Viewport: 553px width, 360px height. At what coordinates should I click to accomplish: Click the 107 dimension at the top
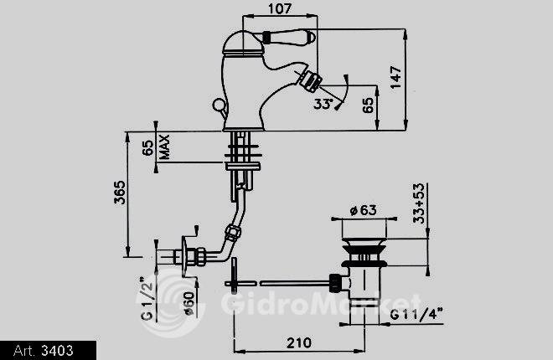coord(280,8)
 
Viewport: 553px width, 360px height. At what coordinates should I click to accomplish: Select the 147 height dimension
coord(396,77)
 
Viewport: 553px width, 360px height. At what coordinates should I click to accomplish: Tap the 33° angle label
coord(323,104)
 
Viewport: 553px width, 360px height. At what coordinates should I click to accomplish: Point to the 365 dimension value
coord(120,193)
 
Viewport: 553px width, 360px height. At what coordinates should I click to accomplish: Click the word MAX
coord(164,147)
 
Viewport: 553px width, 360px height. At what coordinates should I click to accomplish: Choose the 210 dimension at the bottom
coord(299,342)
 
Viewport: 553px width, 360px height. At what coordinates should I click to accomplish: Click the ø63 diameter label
coord(364,210)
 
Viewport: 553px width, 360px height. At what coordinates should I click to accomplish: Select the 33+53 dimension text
coord(419,203)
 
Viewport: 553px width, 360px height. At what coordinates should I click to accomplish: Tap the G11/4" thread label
coord(416,314)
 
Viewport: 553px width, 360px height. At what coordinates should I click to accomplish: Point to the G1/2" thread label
coord(147,299)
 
